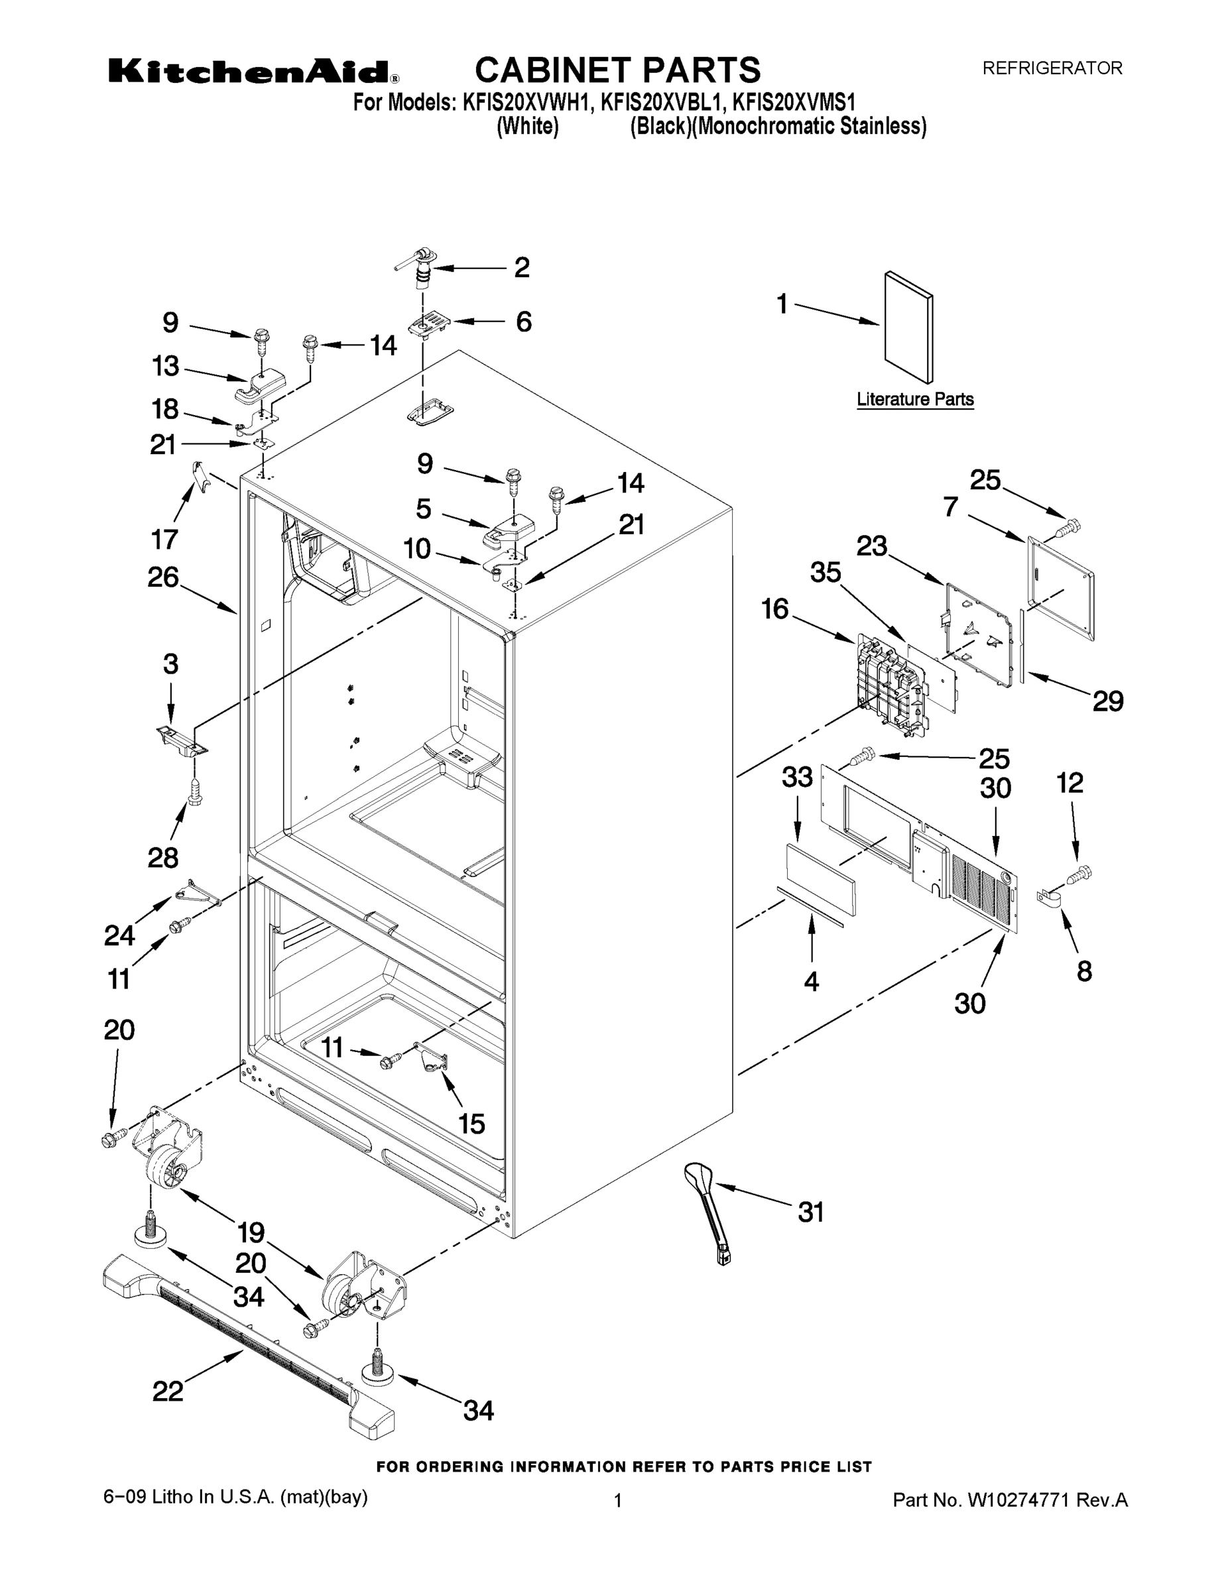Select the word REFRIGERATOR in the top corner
pyautogui.click(x=1052, y=68)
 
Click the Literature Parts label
pyautogui.click(x=914, y=399)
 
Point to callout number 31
pyautogui.click(x=810, y=1212)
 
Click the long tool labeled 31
pyautogui.click(x=709, y=1213)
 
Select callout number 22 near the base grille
pyautogui.click(x=168, y=1391)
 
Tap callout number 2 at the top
pyautogui.click(x=522, y=267)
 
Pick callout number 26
pyautogui.click(x=163, y=577)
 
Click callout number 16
pyautogui.click(x=775, y=609)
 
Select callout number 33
pyautogui.click(x=797, y=778)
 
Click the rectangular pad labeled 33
pyautogui.click(x=820, y=878)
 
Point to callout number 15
pyautogui.click(x=471, y=1124)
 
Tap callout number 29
pyautogui.click(x=1107, y=701)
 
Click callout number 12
pyautogui.click(x=1070, y=783)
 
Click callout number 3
pyautogui.click(x=170, y=664)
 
